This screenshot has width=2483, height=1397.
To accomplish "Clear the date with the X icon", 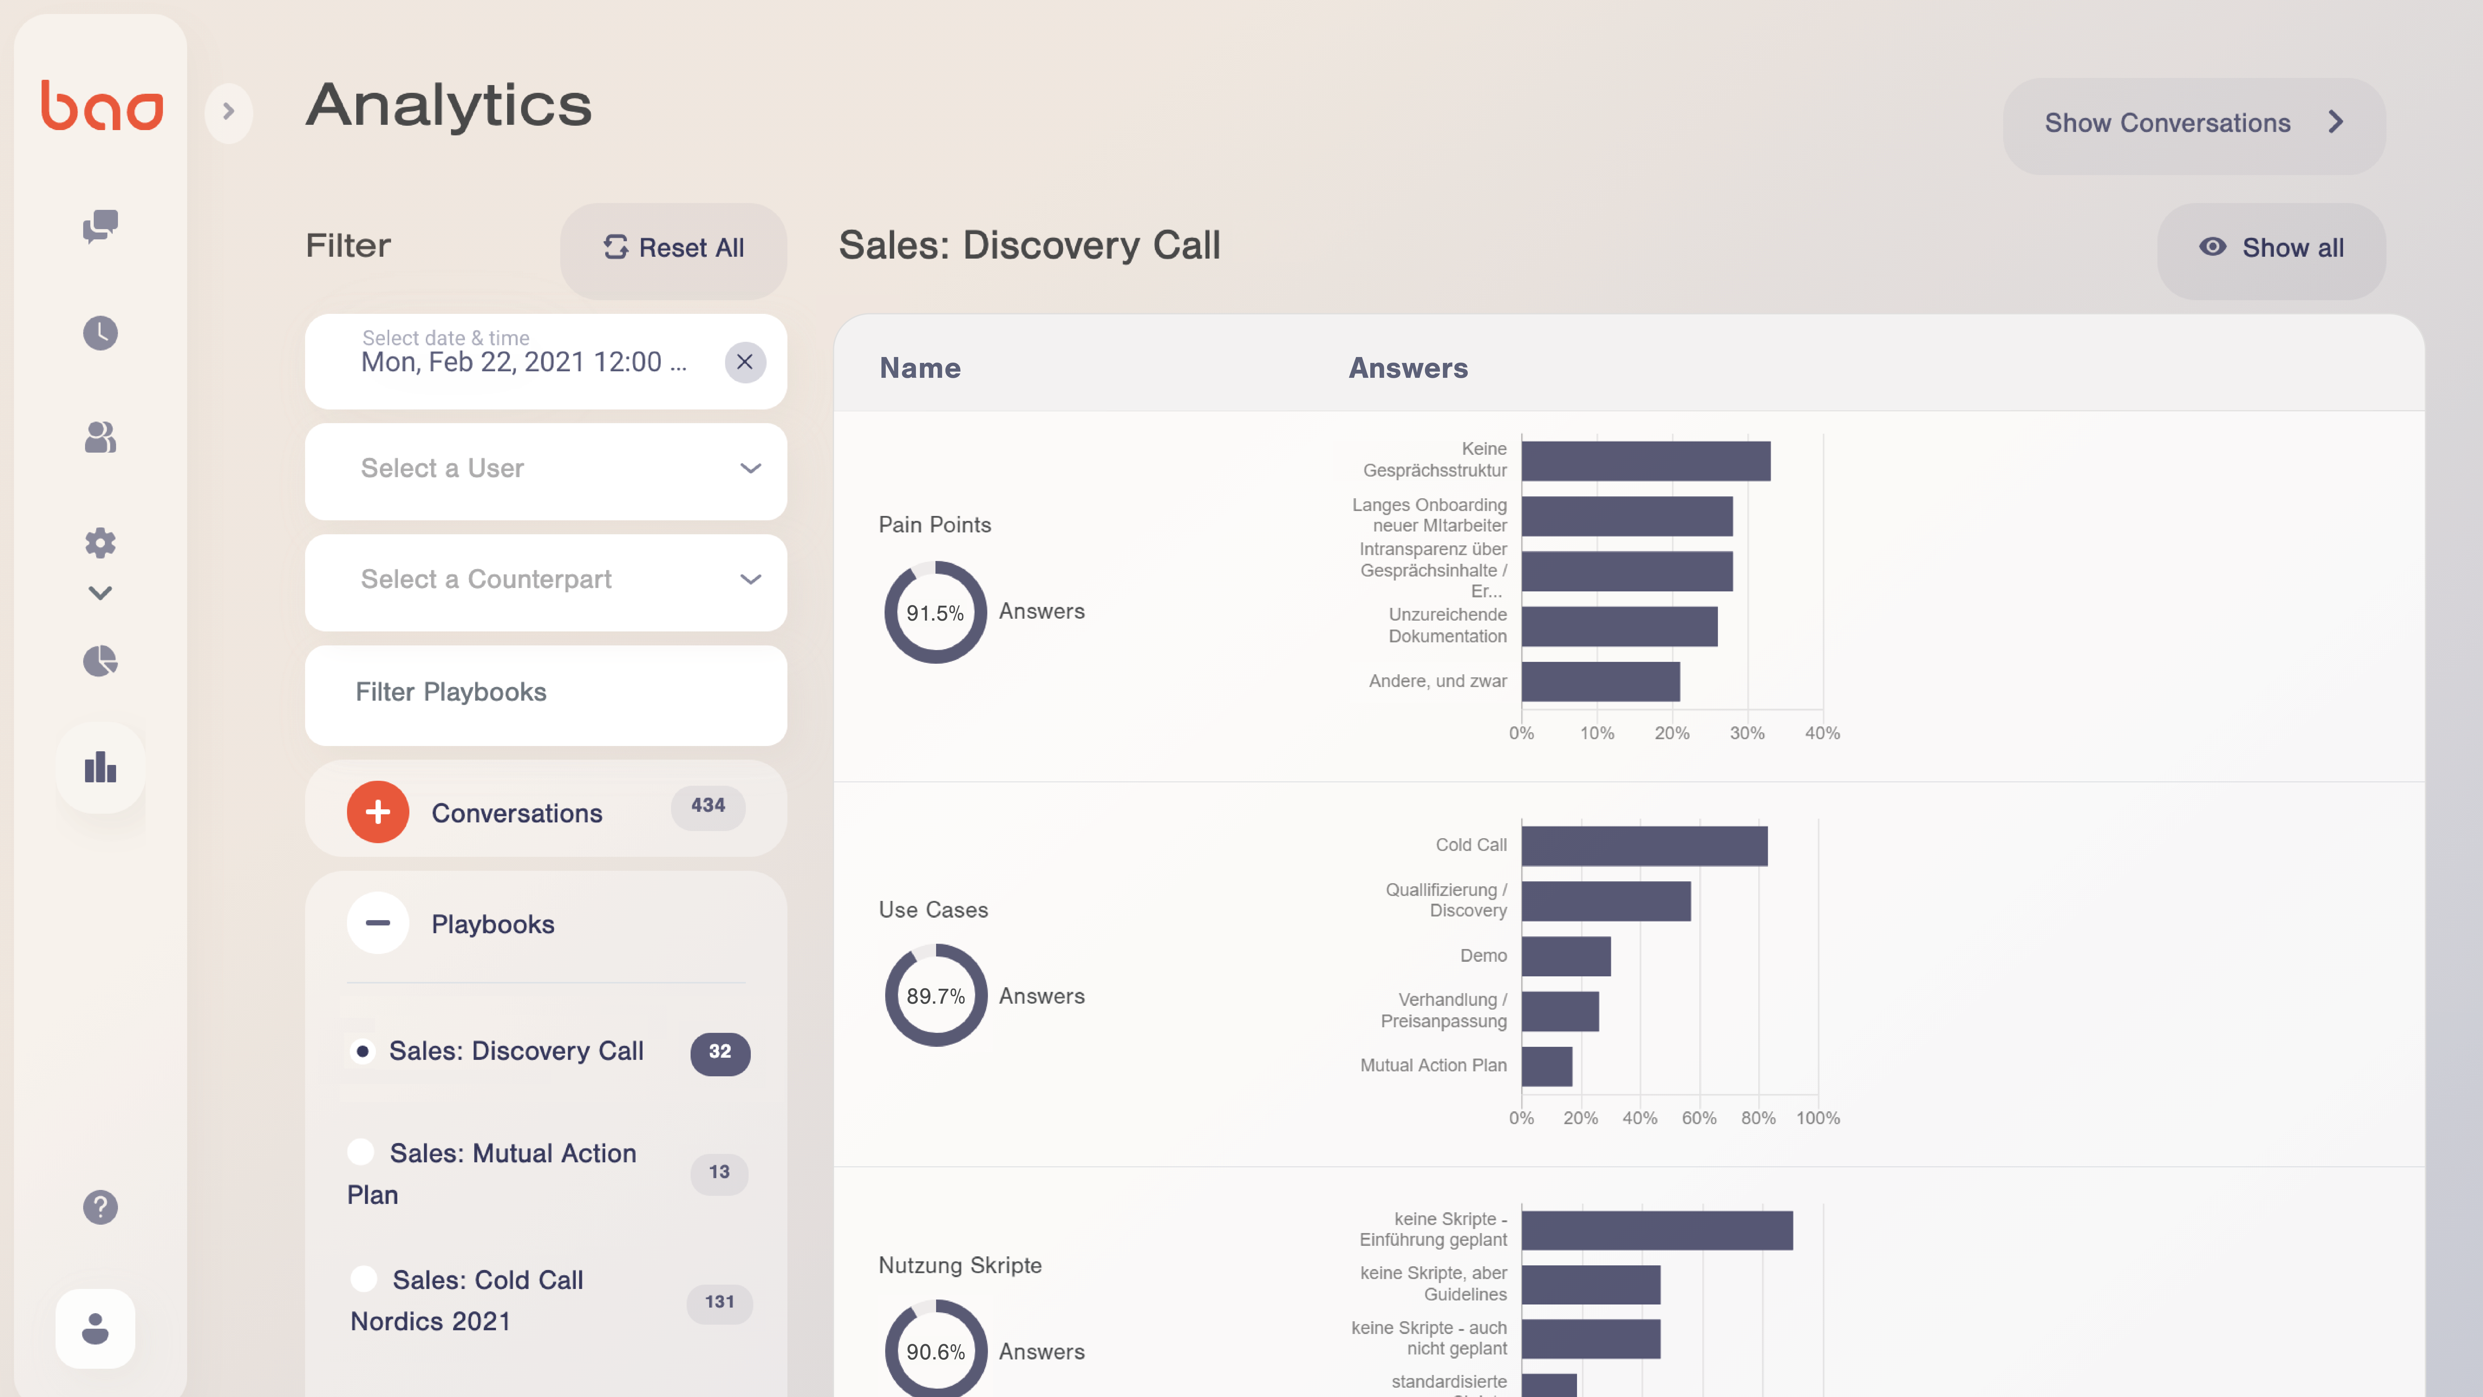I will click(744, 363).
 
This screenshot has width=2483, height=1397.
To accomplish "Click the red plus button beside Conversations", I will click(378, 812).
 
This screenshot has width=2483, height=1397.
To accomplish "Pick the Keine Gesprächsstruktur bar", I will click(1645, 461).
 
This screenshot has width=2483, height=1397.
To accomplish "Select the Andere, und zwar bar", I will click(1600, 682).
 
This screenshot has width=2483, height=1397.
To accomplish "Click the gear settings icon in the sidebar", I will click(100, 543).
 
